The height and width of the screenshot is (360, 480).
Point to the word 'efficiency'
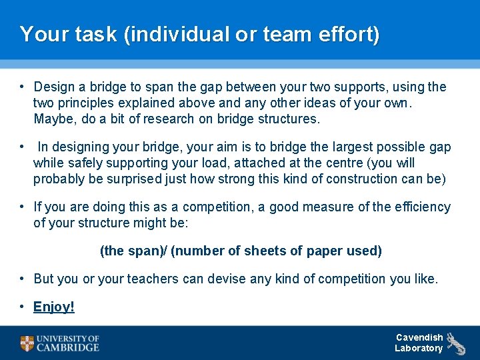click(x=421, y=207)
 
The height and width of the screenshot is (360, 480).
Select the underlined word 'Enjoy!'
click(x=54, y=307)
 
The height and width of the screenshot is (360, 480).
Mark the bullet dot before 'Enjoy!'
click(x=23, y=306)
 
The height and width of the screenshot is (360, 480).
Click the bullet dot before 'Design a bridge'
click(x=23, y=87)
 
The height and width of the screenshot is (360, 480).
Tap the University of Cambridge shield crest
click(x=27, y=343)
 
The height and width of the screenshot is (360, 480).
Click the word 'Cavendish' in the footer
click(x=419, y=337)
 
